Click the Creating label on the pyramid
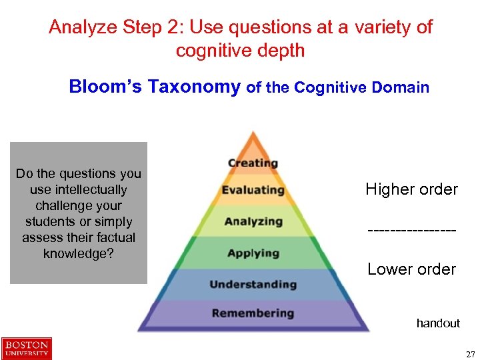(x=253, y=163)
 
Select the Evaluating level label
(x=253, y=191)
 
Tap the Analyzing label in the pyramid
(x=253, y=221)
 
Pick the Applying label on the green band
(x=253, y=253)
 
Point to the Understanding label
(x=253, y=285)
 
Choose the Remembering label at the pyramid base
(x=253, y=313)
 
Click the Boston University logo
(x=27, y=349)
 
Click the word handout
(x=438, y=323)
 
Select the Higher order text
(x=411, y=189)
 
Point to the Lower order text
(x=411, y=269)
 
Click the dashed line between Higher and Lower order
(x=411, y=230)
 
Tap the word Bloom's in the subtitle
(x=106, y=87)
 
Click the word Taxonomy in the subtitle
(x=194, y=87)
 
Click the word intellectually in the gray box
(x=79, y=189)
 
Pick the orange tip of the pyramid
(x=252, y=141)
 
